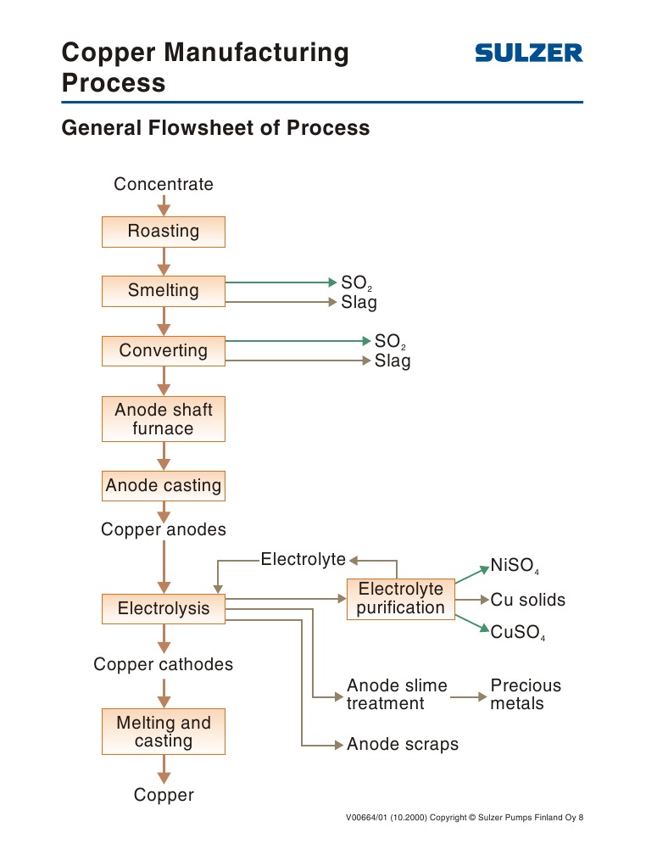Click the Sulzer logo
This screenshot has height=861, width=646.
(x=528, y=53)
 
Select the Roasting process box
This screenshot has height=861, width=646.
(x=164, y=232)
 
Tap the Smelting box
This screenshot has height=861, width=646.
(x=164, y=291)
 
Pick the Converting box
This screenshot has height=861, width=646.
(x=164, y=350)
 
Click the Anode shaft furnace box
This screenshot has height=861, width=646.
(x=164, y=419)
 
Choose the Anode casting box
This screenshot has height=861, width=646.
(x=164, y=486)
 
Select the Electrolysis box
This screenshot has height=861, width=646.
(x=164, y=608)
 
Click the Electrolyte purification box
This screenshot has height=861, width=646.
(x=401, y=598)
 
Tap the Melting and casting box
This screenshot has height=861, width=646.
(x=164, y=731)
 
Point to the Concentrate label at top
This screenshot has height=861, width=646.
(x=164, y=184)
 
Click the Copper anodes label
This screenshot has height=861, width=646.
(x=164, y=529)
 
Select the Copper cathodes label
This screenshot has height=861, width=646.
(x=163, y=664)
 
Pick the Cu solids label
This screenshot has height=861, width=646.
(x=527, y=600)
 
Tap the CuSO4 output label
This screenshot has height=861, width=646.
(x=517, y=633)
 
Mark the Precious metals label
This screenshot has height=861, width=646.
(x=526, y=694)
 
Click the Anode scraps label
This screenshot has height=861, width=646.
(x=403, y=744)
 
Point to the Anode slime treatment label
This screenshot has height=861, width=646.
(x=397, y=694)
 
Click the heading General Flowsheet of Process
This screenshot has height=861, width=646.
(x=216, y=128)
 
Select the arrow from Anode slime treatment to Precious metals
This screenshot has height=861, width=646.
(x=469, y=697)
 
